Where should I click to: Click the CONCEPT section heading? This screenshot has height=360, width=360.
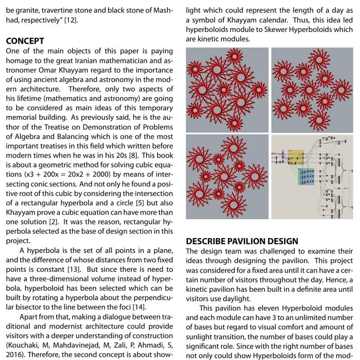[x=25, y=41]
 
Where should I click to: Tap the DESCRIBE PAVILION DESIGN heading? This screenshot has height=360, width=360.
[x=242, y=241]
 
